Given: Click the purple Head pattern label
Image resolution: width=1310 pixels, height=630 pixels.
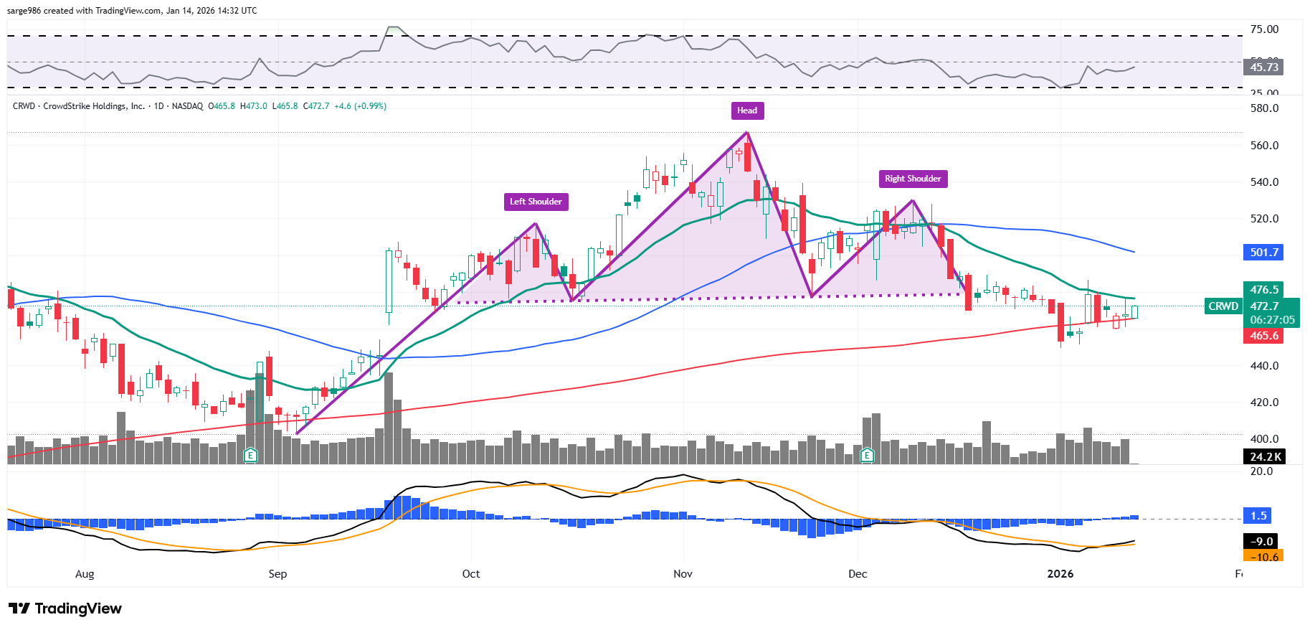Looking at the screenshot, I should click(747, 111).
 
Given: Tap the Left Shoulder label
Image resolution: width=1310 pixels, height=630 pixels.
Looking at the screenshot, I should click(536, 202).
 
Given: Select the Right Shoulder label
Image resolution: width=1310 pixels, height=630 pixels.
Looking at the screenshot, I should click(913, 179).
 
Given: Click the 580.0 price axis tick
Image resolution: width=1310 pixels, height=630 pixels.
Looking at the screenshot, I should click(1264, 108).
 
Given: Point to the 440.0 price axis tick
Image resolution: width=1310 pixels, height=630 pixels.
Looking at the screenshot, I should click(1264, 366).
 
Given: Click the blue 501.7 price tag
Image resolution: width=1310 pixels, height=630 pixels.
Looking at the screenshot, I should click(1263, 253).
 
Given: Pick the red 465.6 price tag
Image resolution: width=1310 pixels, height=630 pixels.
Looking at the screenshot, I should click(1263, 336).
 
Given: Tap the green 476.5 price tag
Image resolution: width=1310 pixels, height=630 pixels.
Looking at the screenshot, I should click(1263, 290).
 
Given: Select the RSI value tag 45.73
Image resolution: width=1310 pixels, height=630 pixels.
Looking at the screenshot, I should click(1263, 67).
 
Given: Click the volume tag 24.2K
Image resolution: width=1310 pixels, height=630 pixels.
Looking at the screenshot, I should click(1265, 457).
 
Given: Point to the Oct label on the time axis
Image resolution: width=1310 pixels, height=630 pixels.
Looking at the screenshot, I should click(471, 574).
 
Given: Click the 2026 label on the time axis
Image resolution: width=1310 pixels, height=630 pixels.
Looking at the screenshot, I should click(1060, 574).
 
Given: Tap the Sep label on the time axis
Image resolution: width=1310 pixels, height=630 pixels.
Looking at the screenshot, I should click(277, 574).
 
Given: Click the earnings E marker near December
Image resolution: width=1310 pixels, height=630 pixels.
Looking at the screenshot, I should click(867, 455).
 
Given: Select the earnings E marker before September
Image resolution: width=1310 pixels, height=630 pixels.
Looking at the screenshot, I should click(250, 455).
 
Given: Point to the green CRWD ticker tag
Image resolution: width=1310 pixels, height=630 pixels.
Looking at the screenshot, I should click(1223, 306).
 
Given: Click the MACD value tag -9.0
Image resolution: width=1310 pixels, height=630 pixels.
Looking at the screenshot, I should click(1262, 542).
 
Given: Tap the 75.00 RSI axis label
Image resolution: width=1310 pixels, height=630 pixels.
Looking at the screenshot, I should click(1264, 29).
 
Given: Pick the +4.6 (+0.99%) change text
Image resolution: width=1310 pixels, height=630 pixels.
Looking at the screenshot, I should click(360, 106).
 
